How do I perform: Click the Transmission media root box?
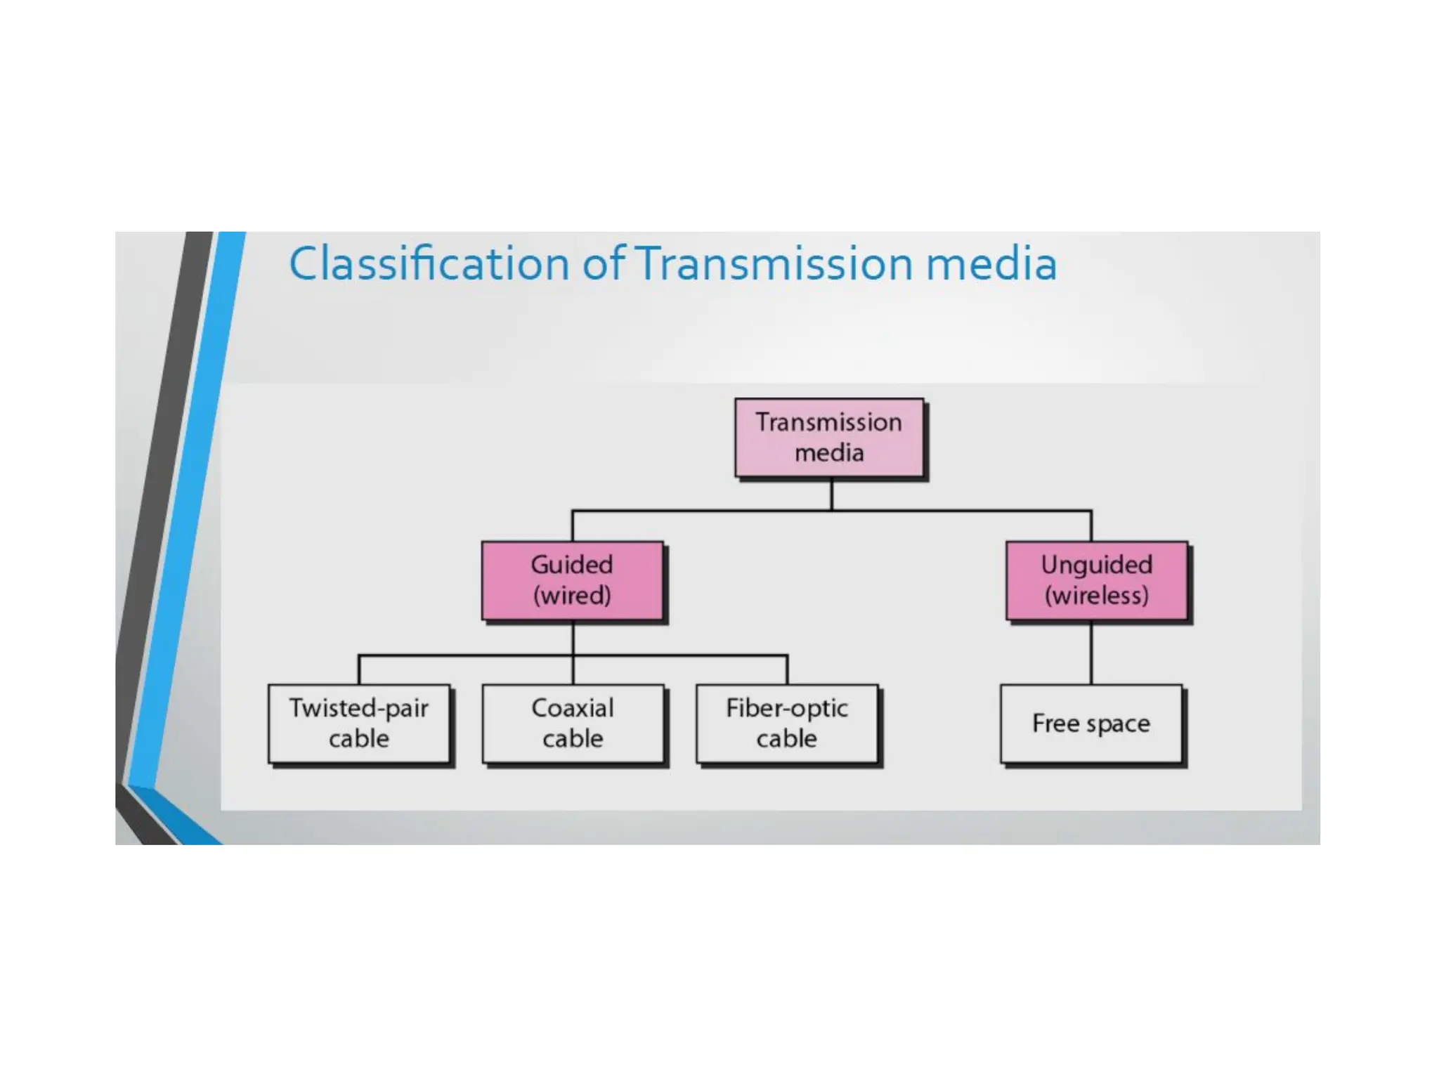829,438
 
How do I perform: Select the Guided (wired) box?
572,580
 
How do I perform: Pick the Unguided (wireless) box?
1096,580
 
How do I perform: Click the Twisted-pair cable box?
359,723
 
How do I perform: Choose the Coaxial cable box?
573,723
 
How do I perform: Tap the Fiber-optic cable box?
787,723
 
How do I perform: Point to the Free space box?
1091,723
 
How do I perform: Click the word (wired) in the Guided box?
572,596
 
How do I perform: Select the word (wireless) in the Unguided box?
1096,596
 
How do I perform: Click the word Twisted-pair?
359,708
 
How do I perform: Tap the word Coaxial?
573,708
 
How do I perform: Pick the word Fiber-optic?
787,708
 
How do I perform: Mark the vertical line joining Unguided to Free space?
1091,653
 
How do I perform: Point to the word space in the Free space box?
1119,724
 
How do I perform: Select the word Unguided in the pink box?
1096,565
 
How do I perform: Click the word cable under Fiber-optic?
787,738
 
